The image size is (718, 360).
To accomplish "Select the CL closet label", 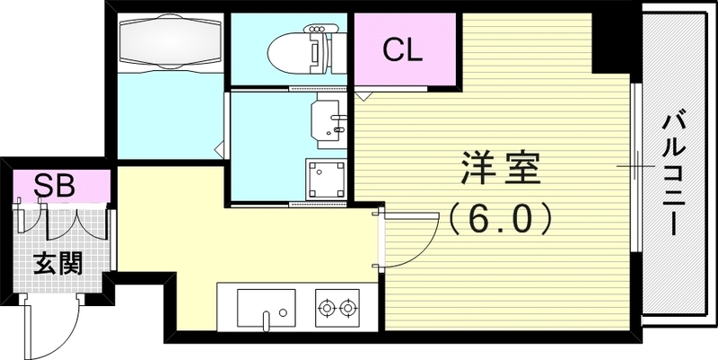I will tap(403, 49).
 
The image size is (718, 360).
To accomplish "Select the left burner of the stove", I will tap(326, 309).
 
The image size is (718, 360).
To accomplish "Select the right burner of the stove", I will tap(348, 309).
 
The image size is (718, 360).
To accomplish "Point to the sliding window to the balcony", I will tap(635, 167).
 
